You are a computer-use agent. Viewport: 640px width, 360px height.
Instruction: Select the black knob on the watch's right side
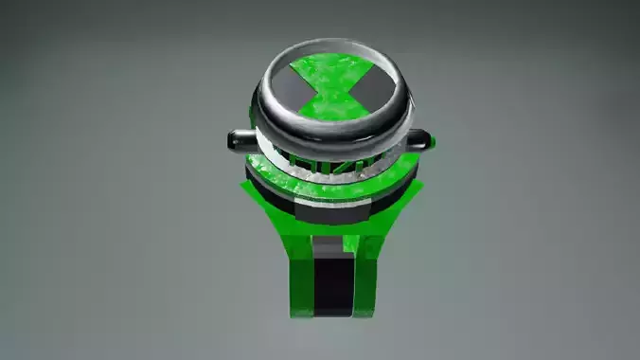pyautogui.click(x=421, y=142)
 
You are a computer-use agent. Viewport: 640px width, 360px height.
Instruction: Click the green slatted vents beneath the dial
pyautogui.click(x=331, y=162)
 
